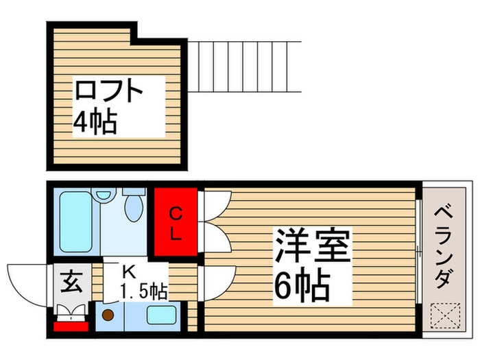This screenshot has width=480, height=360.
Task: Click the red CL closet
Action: point(176,223)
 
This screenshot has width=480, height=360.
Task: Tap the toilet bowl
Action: point(133,206)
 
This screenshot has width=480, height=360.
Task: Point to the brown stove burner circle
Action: point(108,316)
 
